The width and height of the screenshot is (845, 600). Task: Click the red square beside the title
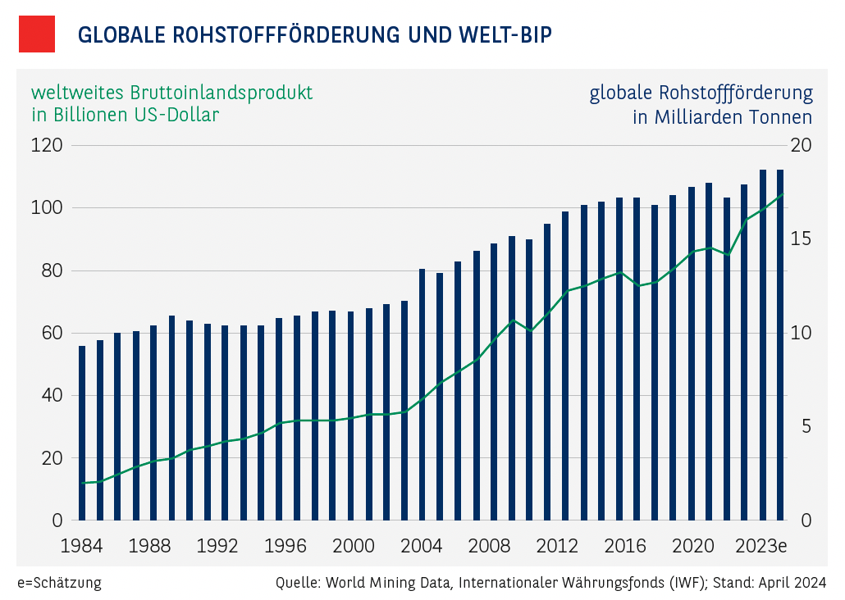click(x=36, y=34)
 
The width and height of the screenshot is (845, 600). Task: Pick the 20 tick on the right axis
click(x=801, y=145)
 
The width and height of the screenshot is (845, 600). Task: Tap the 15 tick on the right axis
click(x=801, y=239)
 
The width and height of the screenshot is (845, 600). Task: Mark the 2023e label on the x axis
click(x=761, y=546)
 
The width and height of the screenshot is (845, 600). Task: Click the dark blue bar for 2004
click(x=422, y=394)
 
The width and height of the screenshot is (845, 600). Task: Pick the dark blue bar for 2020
click(x=691, y=353)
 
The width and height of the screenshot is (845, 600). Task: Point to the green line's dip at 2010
click(x=530, y=330)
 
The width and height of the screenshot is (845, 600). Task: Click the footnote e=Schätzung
click(x=59, y=584)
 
